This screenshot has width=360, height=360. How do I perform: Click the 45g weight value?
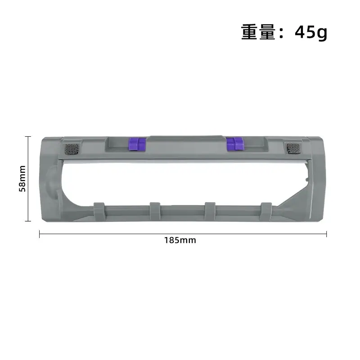pyautogui.click(x=311, y=32)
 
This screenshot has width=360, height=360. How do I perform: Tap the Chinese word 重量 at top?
pyautogui.click(x=258, y=32)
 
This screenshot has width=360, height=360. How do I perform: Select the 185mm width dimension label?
pyautogui.click(x=180, y=240)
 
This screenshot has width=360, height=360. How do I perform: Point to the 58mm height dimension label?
pyautogui.click(x=22, y=179)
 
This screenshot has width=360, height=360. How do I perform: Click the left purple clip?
pyautogui.click(x=137, y=144)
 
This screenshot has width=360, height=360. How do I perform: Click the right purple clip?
pyautogui.click(x=234, y=144)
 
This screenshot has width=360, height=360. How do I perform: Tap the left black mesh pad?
pyautogui.click(x=72, y=149)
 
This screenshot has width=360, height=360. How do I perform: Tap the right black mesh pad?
pyautogui.click(x=293, y=149)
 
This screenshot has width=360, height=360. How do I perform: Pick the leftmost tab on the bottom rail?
pyautogui.click(x=99, y=211)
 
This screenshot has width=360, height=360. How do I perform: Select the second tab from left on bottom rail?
pyautogui.click(x=155, y=211)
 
